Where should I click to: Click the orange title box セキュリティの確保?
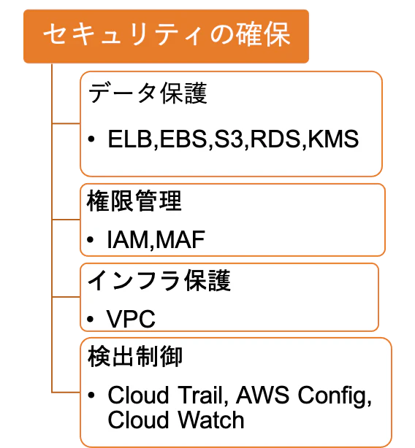[x=166, y=36]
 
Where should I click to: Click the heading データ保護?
[x=148, y=93]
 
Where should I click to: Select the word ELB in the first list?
[x=129, y=139]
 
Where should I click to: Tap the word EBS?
[x=183, y=139]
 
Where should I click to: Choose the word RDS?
[x=275, y=139]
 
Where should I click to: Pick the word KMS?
[x=333, y=139]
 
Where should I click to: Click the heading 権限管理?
[x=134, y=201]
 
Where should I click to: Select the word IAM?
[x=127, y=239]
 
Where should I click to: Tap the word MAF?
[x=180, y=239]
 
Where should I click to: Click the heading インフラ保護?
[x=159, y=281]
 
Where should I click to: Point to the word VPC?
[x=131, y=319]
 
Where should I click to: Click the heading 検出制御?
[x=135, y=356]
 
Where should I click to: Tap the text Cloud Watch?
[x=176, y=420]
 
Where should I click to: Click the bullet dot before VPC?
[x=91, y=319]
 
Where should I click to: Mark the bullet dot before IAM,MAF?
[x=91, y=239]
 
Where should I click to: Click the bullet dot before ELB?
[x=91, y=139]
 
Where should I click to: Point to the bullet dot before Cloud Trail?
[x=91, y=395]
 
